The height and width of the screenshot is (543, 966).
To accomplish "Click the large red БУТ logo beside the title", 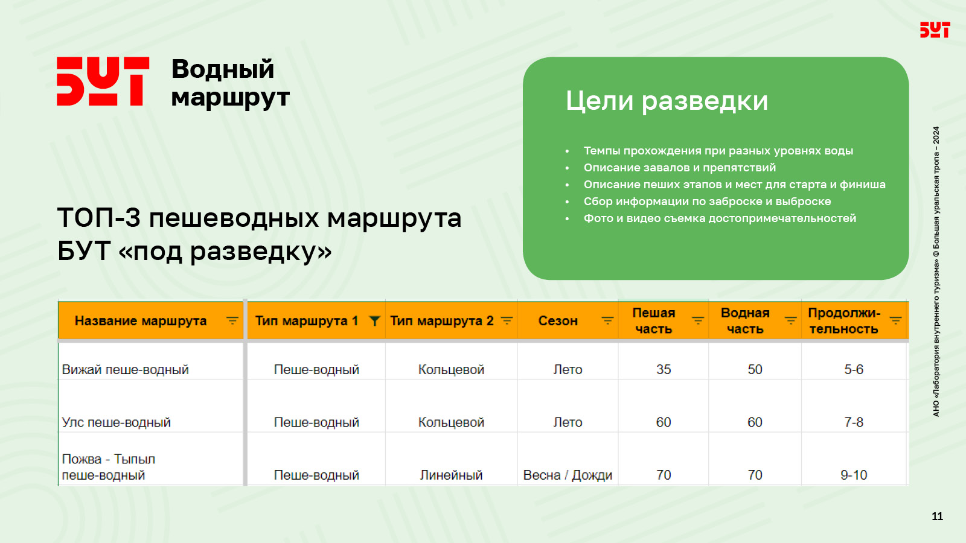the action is coord(103,81).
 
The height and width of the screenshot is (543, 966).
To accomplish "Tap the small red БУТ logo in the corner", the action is coord(935,30).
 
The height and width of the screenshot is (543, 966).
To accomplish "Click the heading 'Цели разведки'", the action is coord(667,101).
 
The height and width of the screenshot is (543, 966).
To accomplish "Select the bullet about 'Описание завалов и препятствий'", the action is coord(680,167).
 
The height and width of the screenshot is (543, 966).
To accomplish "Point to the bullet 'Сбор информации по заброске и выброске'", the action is coord(707,202).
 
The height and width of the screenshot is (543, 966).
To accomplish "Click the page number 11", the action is coord(937,516).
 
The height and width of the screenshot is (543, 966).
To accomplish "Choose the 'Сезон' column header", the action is coord(558,320).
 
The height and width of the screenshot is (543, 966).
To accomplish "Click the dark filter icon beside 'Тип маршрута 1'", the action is coord(374,321).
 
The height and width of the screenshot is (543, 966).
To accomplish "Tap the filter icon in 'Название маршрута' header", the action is coord(232,321).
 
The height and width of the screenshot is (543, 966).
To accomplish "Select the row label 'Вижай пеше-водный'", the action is coord(125,369).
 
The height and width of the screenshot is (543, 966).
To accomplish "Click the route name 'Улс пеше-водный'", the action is coord(116,422).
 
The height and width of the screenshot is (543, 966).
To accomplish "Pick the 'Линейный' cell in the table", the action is coord(451,475).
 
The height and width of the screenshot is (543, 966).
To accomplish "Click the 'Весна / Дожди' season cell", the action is coord(568,475).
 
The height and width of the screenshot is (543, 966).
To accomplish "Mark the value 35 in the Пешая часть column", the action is coord(664,369).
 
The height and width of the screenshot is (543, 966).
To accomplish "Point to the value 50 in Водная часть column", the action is coord(755,369).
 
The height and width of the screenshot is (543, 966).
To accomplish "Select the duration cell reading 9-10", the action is coord(854,475).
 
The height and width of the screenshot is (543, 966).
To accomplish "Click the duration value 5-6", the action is coord(854,369).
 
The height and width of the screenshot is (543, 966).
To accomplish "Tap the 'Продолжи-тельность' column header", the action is coord(844,320).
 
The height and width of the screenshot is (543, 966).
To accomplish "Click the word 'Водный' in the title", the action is coord(223,69).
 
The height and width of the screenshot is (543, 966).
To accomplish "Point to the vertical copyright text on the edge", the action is coord(936,271).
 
